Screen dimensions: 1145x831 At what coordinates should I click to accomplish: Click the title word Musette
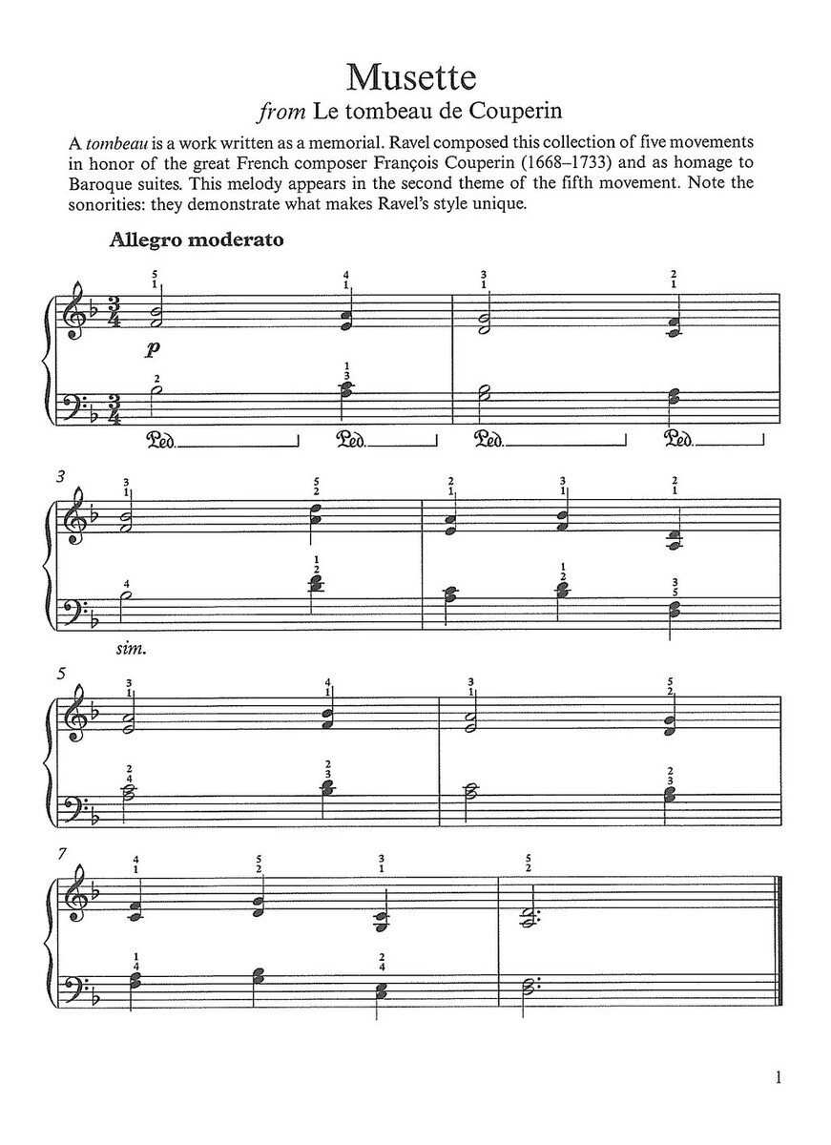tap(415, 76)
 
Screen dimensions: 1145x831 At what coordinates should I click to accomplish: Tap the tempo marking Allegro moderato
tap(197, 240)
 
